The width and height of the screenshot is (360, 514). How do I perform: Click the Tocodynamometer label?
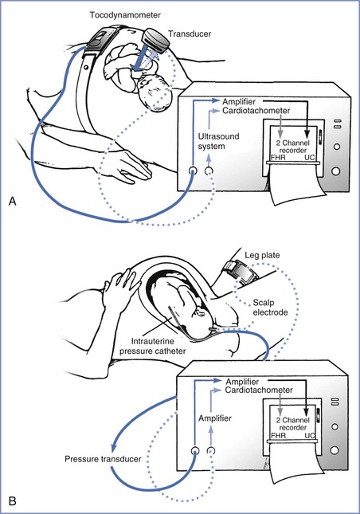(x=125, y=15)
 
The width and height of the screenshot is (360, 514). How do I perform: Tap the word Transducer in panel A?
(x=190, y=33)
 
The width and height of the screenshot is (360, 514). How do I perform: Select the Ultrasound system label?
(x=218, y=141)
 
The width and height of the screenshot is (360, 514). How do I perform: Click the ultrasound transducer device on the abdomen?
(x=155, y=40)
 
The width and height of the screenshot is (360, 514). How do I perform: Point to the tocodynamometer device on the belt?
(x=100, y=37)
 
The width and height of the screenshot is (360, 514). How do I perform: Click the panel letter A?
(x=12, y=201)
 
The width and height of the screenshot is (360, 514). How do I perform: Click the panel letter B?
(x=12, y=501)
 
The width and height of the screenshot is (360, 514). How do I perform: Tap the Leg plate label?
(x=262, y=255)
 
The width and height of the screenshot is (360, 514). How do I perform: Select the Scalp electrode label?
(x=270, y=307)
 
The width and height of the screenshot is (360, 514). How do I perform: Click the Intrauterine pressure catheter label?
(x=153, y=346)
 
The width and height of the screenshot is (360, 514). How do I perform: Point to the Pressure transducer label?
(x=103, y=459)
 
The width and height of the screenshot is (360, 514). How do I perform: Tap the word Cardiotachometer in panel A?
(x=256, y=111)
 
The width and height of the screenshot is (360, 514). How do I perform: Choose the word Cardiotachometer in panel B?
(x=259, y=390)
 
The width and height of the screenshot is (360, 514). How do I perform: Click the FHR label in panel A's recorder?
(x=278, y=157)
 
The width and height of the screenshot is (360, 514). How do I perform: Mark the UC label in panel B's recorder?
(x=310, y=435)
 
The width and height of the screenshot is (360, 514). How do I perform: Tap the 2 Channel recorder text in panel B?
(x=293, y=423)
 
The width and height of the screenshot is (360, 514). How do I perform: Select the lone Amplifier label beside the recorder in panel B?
(x=215, y=418)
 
